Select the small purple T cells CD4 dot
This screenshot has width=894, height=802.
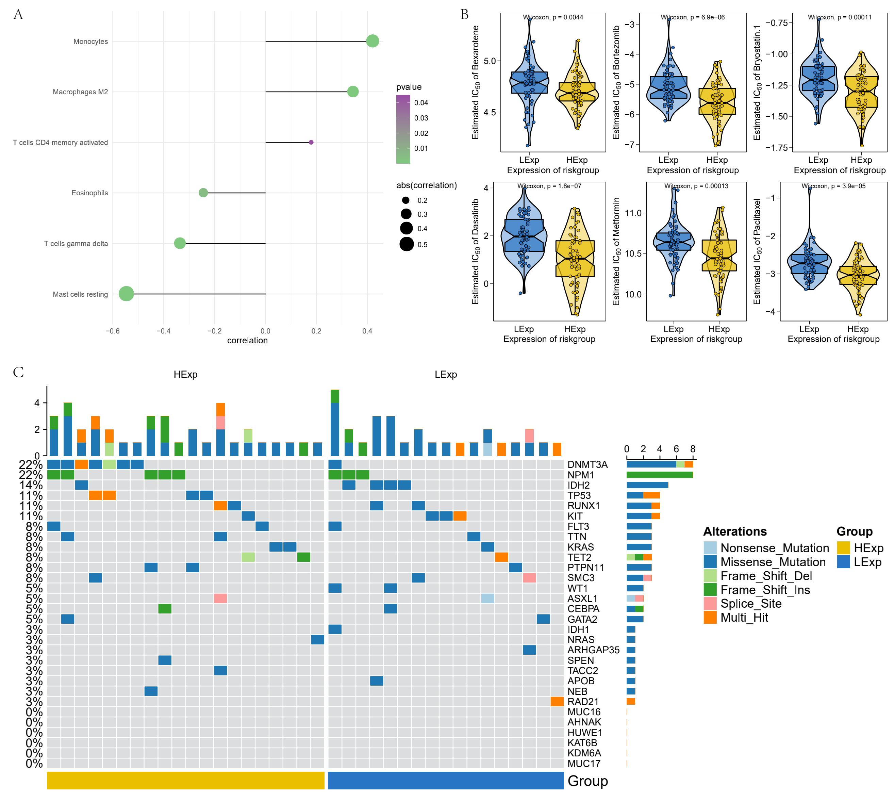tap(311, 142)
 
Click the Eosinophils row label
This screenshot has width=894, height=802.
tap(89, 193)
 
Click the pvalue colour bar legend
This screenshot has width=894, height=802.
tap(403, 129)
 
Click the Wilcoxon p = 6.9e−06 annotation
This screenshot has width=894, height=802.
tap(692, 17)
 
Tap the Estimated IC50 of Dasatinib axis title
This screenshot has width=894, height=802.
tap(476, 251)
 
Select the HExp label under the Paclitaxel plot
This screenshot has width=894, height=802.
tap(857, 329)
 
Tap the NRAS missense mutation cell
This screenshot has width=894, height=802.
tap(317, 639)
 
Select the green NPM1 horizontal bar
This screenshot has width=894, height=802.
tap(660, 475)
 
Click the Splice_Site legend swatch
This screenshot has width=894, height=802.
tap(710, 604)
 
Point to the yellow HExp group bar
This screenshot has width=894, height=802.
tap(185, 781)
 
